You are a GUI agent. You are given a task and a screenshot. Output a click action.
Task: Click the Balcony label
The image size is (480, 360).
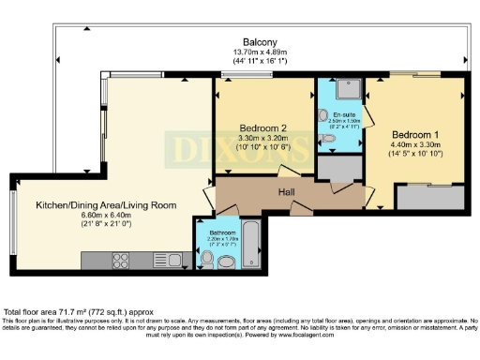pyautogui.click(x=259, y=43)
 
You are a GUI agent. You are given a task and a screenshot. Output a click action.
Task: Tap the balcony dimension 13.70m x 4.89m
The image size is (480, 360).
pyautogui.click(x=259, y=52)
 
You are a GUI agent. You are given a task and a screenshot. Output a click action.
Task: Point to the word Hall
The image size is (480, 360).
pyautogui.click(x=288, y=191)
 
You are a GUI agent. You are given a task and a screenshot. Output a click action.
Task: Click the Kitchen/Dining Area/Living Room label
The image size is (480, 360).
pyautogui.click(x=106, y=205)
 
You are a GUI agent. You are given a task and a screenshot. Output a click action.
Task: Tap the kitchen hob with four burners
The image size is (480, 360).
pyautogui.click(x=121, y=259)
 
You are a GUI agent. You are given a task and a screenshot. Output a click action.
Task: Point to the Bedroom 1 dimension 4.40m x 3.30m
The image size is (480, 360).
pyautogui.click(x=413, y=145)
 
